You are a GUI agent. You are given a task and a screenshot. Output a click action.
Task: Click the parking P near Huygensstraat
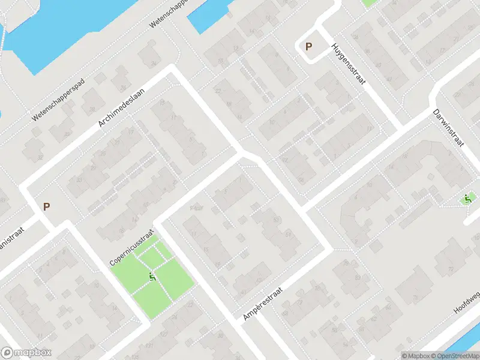[309, 46]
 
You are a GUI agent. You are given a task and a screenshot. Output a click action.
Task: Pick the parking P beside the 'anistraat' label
[46, 206]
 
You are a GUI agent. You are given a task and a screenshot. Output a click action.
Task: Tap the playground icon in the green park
[152, 277]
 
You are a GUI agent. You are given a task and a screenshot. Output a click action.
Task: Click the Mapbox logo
[26, 353]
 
